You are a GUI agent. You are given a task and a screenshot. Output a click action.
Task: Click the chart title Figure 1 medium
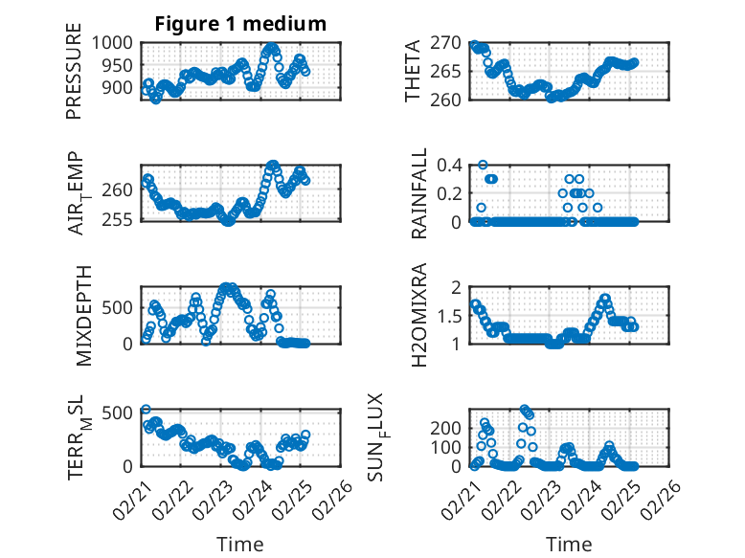coord(240,23)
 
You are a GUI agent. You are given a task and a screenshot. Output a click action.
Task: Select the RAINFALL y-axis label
coord(420,193)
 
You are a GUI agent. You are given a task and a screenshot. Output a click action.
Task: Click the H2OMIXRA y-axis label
coord(419,315)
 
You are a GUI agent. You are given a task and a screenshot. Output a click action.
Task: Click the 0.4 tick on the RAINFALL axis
coord(451,165)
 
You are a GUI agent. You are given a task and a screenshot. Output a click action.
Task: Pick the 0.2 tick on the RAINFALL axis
coord(451,193)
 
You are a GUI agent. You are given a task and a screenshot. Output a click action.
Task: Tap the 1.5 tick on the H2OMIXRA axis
coord(454,315)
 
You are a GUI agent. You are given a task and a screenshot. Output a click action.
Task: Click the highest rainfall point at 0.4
coord(483,165)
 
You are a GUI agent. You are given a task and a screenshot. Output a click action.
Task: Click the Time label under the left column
coord(240,545)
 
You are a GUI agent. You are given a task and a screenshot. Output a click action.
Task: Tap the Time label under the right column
coord(569,545)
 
